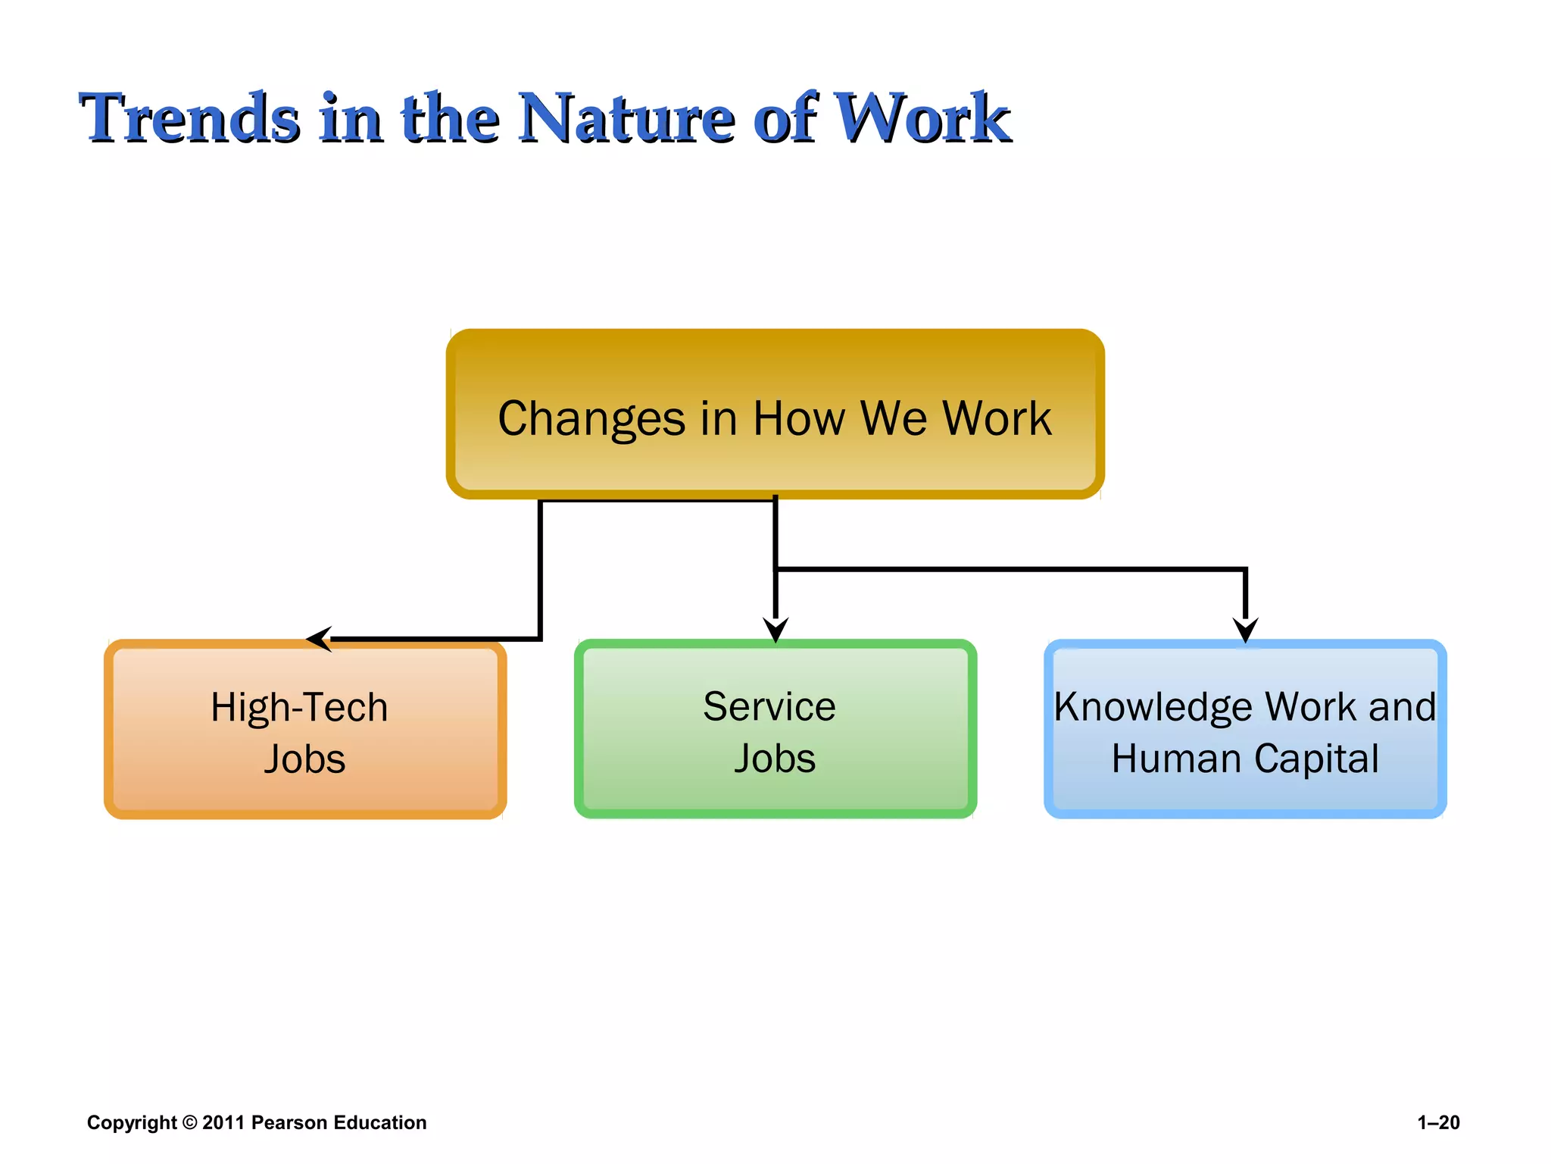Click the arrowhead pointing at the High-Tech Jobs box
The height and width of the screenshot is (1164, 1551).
319,639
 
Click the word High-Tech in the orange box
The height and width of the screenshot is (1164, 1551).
299,708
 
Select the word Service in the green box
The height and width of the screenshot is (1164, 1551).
769,706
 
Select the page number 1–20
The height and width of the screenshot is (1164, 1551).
1438,1122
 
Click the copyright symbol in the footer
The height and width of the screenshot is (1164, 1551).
189,1122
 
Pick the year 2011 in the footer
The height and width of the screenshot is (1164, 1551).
223,1122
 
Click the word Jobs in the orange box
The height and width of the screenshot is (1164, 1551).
304,759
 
